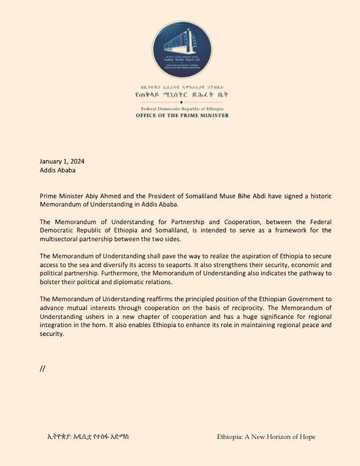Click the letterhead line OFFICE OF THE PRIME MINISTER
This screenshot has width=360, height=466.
[180, 115]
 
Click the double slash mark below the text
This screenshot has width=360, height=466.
[42, 369]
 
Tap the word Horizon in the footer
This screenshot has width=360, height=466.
[276, 437]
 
